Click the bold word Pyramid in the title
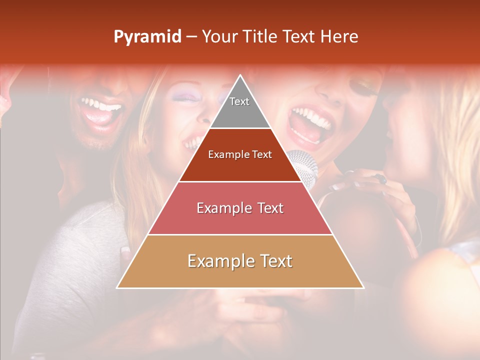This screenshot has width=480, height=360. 147,37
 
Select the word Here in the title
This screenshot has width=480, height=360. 339,36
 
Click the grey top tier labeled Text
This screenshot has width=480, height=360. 239,107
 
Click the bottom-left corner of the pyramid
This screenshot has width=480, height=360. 118,287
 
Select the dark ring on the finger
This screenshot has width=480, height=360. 382,178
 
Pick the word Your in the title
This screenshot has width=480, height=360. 219,36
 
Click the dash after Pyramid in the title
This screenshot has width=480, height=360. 191,37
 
